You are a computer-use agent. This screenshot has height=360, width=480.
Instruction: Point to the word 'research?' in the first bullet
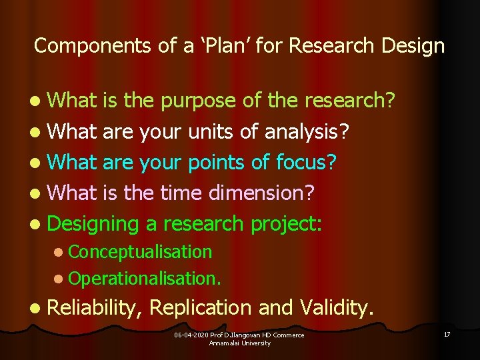click(350, 100)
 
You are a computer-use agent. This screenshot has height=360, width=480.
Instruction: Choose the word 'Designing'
click(93, 223)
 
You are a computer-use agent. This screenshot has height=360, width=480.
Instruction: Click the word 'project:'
click(287, 223)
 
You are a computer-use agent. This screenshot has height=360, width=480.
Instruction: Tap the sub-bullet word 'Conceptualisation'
click(140, 252)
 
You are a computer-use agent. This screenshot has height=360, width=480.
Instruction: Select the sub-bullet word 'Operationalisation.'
click(145, 277)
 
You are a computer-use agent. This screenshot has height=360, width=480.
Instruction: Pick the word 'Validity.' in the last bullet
click(338, 307)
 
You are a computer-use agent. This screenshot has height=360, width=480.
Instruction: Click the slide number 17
click(446, 334)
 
